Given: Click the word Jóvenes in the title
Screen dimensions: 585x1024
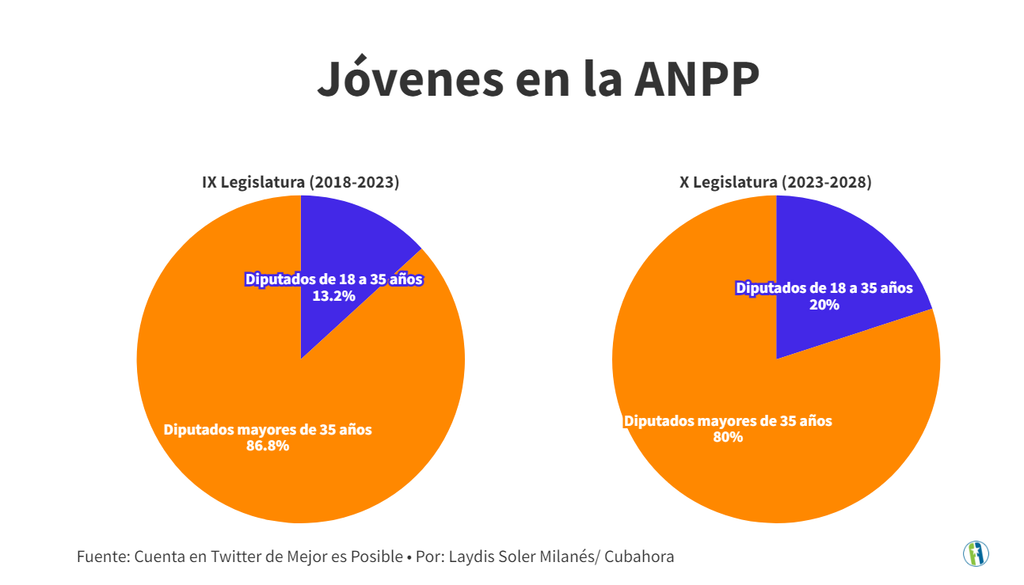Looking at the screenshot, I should coord(410,78).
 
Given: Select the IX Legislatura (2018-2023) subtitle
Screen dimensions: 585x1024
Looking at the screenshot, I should coord(300,182).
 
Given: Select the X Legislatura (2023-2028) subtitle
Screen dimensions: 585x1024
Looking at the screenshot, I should coord(775,182).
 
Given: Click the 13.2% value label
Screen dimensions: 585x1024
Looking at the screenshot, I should coord(333,295).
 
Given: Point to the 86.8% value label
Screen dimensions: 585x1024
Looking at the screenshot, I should coord(267,446).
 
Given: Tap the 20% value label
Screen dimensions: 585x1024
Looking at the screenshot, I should coord(824,304).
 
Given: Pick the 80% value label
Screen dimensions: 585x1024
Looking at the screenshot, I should coord(728,437).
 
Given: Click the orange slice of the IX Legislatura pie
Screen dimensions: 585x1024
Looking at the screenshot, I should coord(238,356).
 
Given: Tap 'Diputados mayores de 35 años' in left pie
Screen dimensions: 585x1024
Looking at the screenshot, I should coord(268,430).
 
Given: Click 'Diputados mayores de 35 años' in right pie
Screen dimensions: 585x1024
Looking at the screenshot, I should coord(728,421).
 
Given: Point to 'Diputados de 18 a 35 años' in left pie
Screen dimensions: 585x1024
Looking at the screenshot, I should coord(334,279).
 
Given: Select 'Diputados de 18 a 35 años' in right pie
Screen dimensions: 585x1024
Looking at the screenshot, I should coord(824,288).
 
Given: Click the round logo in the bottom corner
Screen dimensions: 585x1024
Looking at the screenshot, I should coord(976,553).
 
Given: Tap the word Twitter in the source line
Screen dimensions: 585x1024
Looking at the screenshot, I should coord(235,557).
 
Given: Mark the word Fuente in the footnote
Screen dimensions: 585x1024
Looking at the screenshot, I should coord(101,557).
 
